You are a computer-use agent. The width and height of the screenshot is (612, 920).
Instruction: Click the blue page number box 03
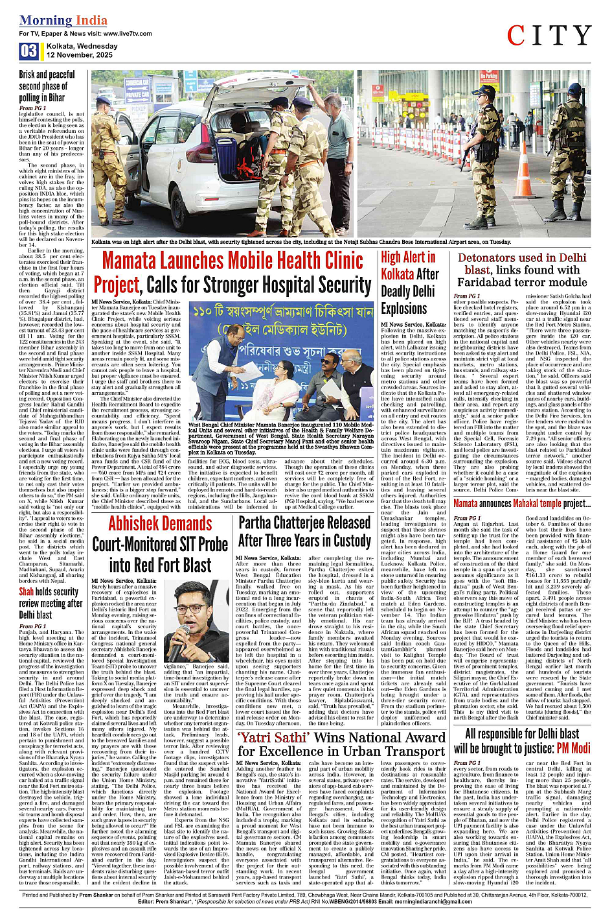tap(29, 51)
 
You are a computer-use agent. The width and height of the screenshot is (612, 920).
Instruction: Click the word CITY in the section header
tap(549, 36)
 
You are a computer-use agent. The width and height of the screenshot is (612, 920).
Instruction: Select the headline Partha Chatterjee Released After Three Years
tap(304, 532)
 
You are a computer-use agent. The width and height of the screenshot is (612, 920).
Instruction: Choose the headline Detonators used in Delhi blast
tap(522, 270)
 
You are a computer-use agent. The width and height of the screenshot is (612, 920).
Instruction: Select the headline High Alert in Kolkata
tap(409, 283)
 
